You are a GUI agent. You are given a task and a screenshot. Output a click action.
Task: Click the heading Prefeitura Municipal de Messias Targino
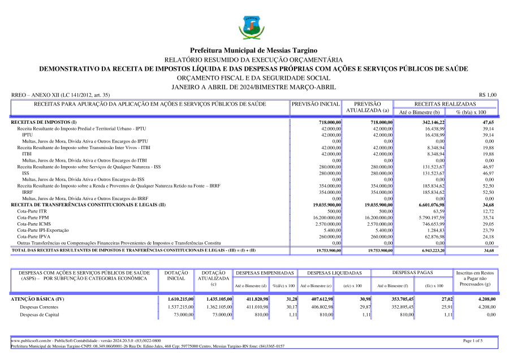(x=254, y=51)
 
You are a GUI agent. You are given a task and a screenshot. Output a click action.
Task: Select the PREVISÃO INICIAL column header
(x=316, y=105)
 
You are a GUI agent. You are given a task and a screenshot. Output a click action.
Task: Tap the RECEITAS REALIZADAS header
(x=445, y=105)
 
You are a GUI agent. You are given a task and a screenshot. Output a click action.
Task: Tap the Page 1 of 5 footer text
(x=472, y=341)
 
